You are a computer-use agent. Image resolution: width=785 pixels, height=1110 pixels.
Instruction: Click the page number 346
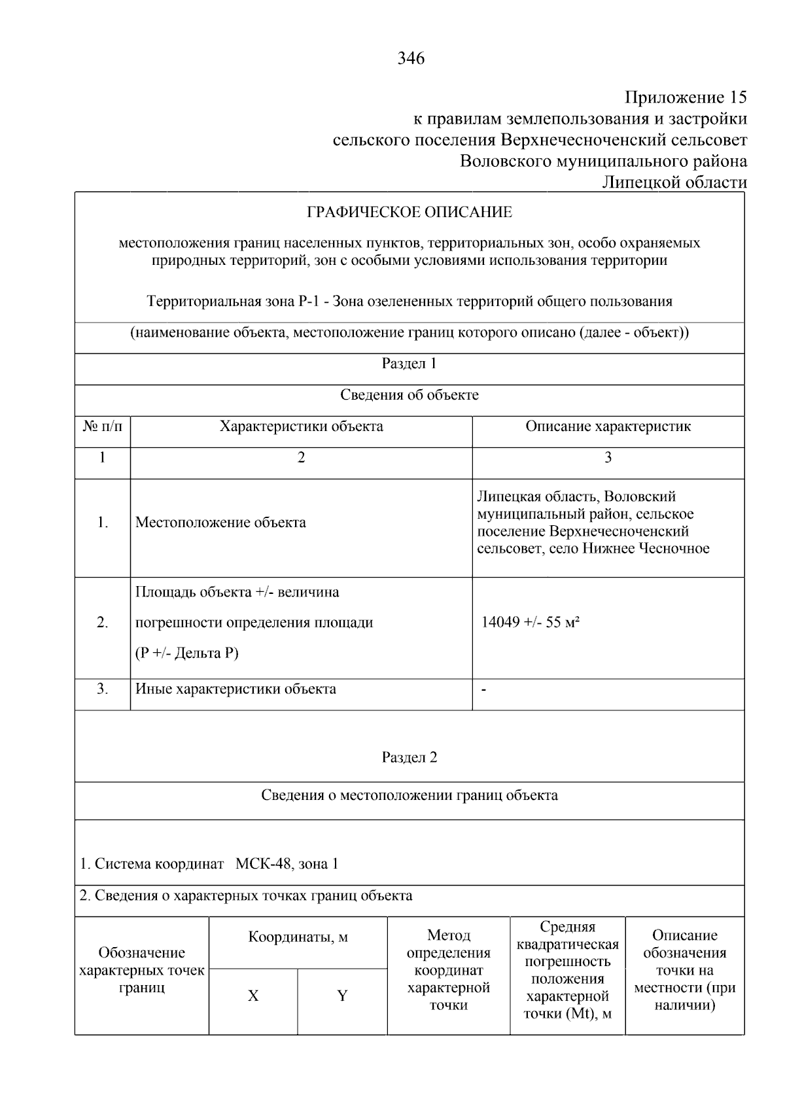411,59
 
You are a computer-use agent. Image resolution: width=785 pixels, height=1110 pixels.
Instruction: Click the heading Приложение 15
685,98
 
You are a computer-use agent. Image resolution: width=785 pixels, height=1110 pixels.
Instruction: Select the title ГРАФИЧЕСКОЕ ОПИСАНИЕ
410,213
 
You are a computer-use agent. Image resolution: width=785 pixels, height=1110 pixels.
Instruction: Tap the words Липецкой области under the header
674,182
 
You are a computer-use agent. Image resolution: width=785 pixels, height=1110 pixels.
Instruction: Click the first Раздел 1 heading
409,364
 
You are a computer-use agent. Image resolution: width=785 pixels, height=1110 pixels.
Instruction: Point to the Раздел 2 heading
409,757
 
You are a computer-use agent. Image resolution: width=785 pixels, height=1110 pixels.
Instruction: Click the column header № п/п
103,427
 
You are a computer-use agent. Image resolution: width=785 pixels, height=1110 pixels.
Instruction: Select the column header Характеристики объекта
301,427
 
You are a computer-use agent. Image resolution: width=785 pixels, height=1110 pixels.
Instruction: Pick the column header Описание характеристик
608,427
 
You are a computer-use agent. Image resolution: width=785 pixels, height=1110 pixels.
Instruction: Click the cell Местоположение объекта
220,523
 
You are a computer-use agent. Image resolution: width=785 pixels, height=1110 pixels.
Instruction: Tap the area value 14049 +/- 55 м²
531,623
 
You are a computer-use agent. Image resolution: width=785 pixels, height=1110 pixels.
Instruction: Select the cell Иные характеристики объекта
235,689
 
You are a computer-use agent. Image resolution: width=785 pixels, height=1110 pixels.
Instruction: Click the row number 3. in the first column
103,689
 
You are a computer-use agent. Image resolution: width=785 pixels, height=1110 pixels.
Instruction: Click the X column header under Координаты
253,996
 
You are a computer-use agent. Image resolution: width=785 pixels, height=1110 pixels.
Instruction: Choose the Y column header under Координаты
341,996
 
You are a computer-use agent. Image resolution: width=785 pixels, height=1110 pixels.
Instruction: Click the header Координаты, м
298,938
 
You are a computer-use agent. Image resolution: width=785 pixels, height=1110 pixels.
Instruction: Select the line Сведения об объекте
409,395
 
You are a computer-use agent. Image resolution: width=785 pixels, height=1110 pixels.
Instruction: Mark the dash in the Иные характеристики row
483,689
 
